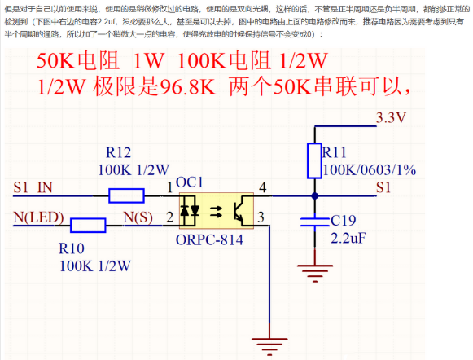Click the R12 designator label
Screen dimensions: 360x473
[x=118, y=152]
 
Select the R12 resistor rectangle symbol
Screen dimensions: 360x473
[x=127, y=195]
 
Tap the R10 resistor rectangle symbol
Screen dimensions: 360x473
[x=88, y=225]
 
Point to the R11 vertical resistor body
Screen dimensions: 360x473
[x=314, y=160]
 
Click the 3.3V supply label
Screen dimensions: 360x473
[x=390, y=117]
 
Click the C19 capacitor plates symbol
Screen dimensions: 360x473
[x=314, y=224]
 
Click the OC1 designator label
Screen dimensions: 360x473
[x=189, y=181]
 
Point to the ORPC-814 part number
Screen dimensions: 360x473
[x=208, y=241]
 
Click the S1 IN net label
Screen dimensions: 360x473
[x=35, y=187]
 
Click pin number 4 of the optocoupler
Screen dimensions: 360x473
[x=262, y=188]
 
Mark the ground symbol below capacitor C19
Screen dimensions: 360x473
[x=314, y=270]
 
